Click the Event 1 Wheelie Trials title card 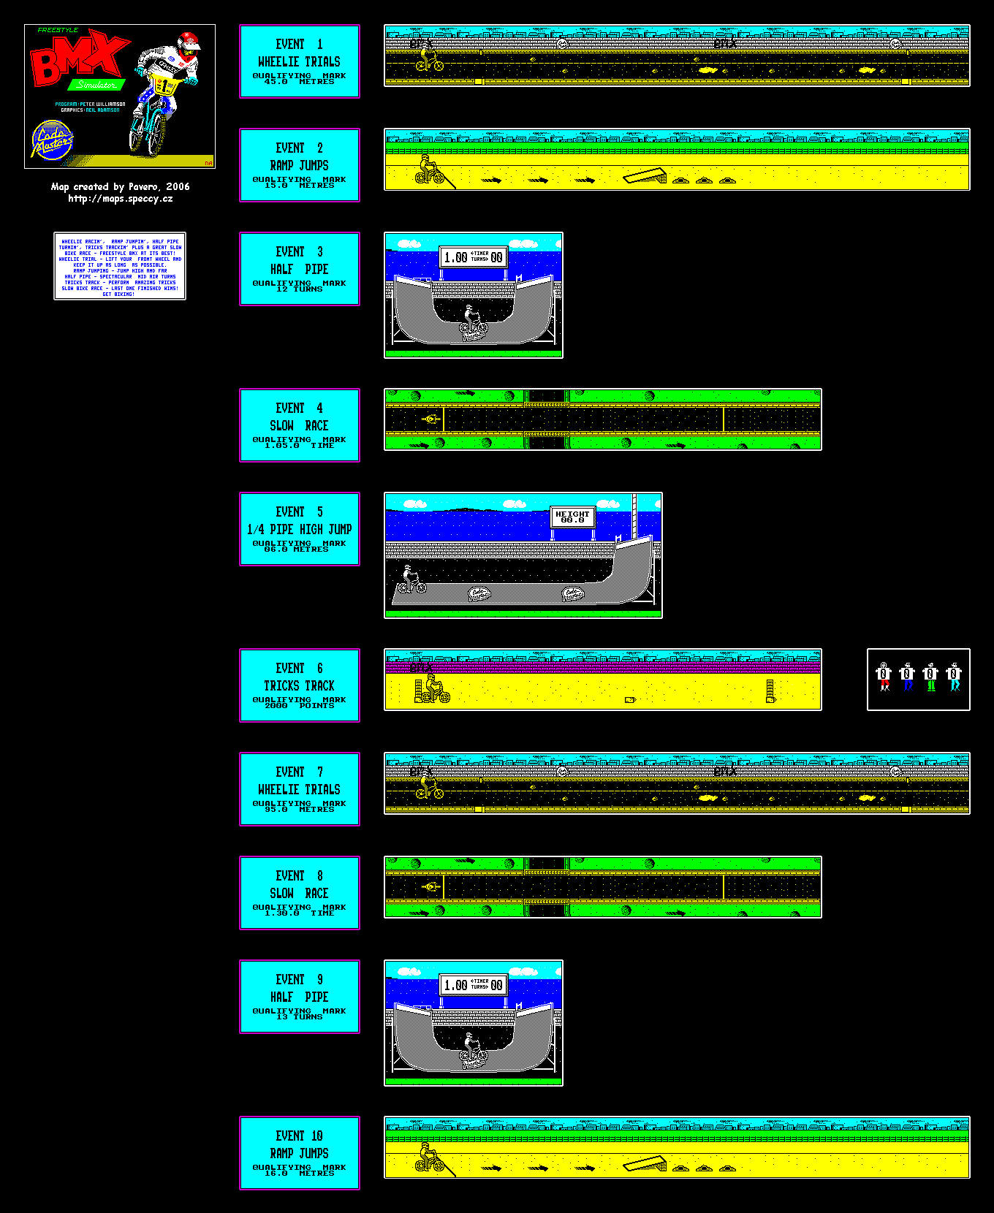[300, 61]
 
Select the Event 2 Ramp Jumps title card [300, 165]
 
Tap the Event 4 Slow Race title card [300, 425]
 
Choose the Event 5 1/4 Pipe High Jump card [300, 529]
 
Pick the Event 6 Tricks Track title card [300, 685]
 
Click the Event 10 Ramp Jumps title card [300, 1153]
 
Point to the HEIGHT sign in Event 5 [572, 517]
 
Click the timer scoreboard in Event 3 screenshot [474, 257]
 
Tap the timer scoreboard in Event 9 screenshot [474, 985]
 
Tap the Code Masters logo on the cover [53, 140]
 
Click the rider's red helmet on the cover [189, 40]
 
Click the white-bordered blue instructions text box [120, 266]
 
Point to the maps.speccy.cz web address [121, 199]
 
